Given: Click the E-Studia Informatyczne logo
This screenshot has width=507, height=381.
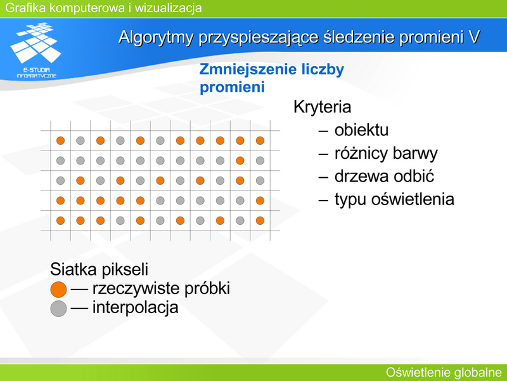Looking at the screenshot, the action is click(x=36, y=50).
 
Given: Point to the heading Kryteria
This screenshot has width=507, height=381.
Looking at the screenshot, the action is click(x=322, y=107).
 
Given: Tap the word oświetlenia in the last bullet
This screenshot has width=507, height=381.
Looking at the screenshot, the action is click(x=413, y=199).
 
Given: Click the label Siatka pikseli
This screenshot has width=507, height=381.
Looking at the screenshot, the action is click(x=99, y=269).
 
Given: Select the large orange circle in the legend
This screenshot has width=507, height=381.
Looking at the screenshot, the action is click(x=58, y=290).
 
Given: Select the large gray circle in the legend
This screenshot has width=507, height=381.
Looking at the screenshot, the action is click(x=58, y=309).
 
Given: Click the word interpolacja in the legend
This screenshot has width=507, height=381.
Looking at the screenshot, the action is click(x=135, y=307).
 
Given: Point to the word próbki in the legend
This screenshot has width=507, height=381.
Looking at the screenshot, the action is click(x=207, y=288).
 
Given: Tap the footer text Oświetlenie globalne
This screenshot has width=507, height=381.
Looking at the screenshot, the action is click(x=444, y=372).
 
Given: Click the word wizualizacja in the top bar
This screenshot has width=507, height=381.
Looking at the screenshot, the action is click(x=168, y=8).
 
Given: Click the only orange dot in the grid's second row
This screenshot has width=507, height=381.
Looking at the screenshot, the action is click(x=240, y=161).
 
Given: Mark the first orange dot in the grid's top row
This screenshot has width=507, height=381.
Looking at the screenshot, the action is click(x=60, y=140).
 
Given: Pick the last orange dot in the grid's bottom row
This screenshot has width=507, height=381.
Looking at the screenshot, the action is click(x=260, y=220).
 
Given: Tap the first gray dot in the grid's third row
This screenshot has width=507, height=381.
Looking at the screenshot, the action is click(x=60, y=180).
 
